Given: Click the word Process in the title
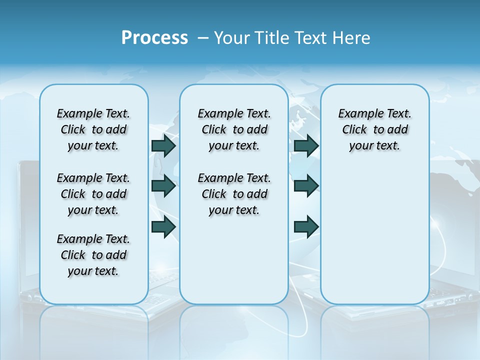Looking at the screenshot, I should tap(154, 38).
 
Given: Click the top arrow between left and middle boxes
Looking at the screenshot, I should tap(163, 145).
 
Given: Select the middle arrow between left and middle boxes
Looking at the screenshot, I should tap(163, 186).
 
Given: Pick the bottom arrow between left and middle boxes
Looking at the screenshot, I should tap(163, 226).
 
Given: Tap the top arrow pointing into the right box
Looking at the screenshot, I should tap(306, 145).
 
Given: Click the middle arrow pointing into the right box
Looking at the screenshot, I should tap(306, 186).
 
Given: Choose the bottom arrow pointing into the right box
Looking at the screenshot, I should tap(306, 226).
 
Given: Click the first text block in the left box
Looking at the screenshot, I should tap(93, 129).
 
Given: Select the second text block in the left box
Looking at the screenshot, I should tap(93, 194).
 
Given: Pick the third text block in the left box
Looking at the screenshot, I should tap(93, 255).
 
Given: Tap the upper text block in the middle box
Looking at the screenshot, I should tap(234, 129).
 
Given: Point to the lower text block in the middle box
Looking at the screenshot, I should tap(234, 194).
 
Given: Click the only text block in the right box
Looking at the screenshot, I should tap(374, 129).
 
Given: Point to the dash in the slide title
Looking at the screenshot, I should tap(203, 38).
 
